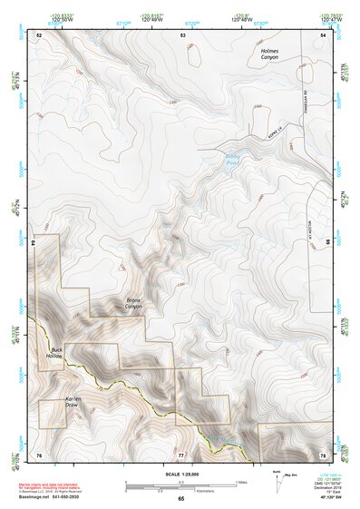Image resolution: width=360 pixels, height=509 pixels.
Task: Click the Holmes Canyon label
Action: (x=269, y=54)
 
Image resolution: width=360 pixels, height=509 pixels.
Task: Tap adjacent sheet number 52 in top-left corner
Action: (x=39, y=34)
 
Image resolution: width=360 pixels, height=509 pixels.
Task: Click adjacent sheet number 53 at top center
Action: (x=183, y=34)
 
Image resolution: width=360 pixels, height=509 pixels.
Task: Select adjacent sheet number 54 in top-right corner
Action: (x=324, y=34)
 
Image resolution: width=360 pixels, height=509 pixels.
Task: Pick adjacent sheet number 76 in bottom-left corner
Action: (x=39, y=454)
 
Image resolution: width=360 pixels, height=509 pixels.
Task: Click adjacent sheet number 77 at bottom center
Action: (x=181, y=454)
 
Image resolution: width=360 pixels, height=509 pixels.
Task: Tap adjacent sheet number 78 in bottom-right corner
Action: (x=324, y=454)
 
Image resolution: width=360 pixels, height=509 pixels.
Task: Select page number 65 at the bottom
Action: (x=181, y=499)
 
